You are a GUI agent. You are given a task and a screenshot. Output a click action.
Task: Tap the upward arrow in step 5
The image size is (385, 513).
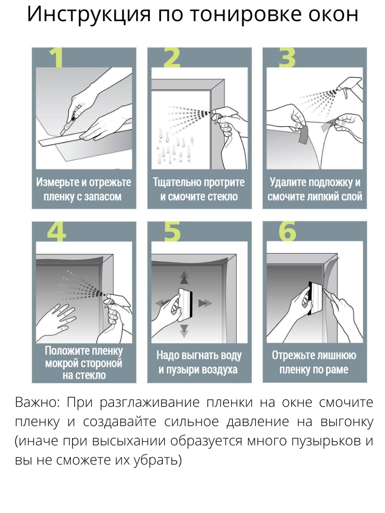(184, 277)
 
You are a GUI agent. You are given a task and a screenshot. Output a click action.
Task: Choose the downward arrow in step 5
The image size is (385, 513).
(184, 330)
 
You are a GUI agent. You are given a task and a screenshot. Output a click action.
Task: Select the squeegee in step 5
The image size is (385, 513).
(185, 301)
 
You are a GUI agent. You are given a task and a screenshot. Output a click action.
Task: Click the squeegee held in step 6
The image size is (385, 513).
(315, 298)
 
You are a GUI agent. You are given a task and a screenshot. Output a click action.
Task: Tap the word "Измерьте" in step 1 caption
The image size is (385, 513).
(57, 182)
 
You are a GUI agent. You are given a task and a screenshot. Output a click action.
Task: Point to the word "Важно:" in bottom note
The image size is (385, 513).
(37, 403)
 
